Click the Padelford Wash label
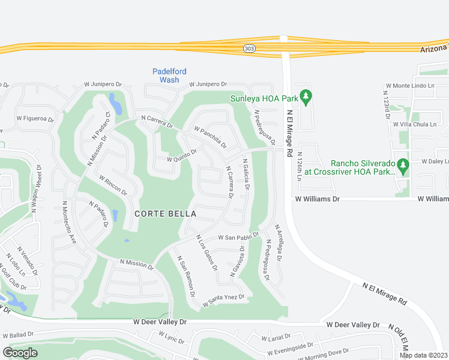(x=165, y=75)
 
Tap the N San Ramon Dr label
(x=185, y=276)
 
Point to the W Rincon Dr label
(x=112, y=185)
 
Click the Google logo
(x=20, y=353)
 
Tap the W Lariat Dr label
(x=276, y=337)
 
